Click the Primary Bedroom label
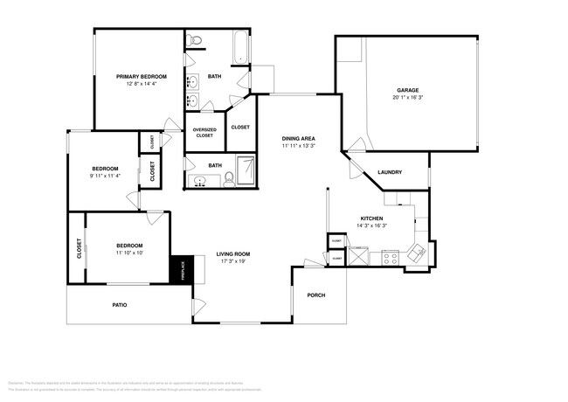[141, 77]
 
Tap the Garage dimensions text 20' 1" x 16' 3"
[407, 98]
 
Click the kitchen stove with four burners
[391, 258]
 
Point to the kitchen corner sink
[419, 253]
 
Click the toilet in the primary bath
[195, 39]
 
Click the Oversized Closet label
[204, 133]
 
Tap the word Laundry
[389, 172]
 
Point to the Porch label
[315, 295]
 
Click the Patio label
[120, 305]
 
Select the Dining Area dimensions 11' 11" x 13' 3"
[298, 147]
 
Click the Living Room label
[233, 254]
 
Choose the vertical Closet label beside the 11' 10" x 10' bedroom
[80, 248]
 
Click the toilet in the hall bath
[229, 178]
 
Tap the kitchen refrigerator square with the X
[359, 257]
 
